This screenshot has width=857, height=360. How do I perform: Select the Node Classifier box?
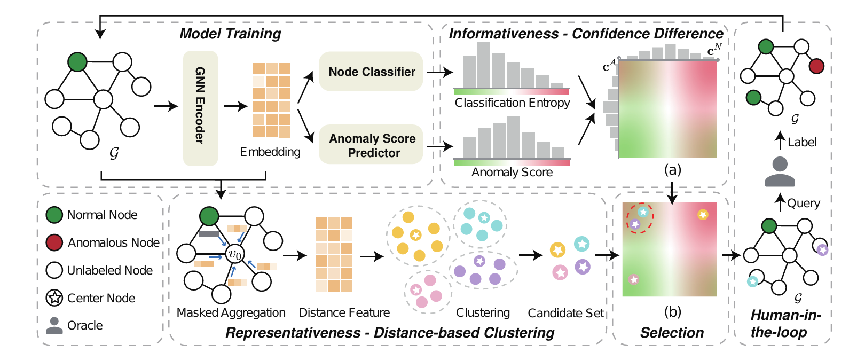[x=371, y=72]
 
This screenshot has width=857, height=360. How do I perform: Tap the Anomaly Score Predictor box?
[x=372, y=145]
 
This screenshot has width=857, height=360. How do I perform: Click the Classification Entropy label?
[x=512, y=103]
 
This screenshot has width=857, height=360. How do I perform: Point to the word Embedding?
[x=270, y=152]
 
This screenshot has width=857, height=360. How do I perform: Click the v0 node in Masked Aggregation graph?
[x=234, y=254]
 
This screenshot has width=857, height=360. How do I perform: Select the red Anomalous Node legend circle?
[x=54, y=242]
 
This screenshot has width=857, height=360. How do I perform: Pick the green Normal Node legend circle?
[x=54, y=215]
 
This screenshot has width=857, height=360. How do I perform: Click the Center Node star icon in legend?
[x=54, y=298]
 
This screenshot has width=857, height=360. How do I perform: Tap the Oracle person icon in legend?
[x=54, y=325]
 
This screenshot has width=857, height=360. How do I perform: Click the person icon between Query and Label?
[x=780, y=172]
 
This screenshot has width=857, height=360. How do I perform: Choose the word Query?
[x=804, y=203]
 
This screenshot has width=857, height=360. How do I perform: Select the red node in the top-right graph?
[x=816, y=66]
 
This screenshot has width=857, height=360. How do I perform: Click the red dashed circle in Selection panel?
[x=640, y=218]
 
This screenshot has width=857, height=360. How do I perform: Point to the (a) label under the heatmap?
[x=672, y=170]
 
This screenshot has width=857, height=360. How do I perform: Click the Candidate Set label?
[x=566, y=313]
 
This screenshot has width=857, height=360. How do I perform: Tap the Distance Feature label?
[x=344, y=312]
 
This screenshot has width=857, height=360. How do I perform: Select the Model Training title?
[x=230, y=34]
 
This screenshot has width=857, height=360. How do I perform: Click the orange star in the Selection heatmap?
[x=703, y=215]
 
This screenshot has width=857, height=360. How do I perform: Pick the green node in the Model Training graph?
[x=77, y=62]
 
